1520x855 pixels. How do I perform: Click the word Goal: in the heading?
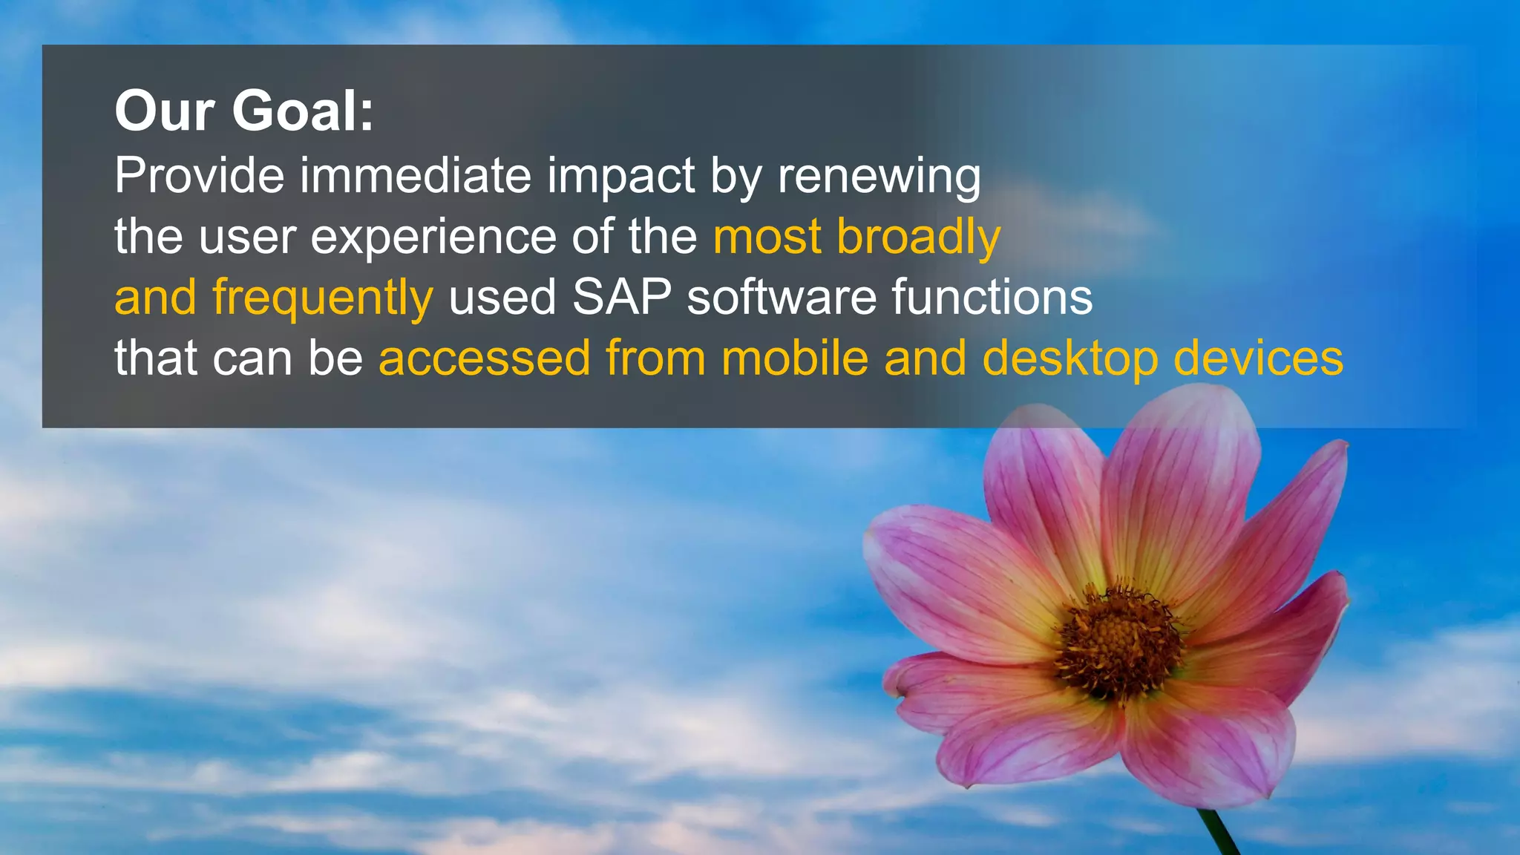click(303, 111)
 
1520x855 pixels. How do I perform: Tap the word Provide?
click(199, 176)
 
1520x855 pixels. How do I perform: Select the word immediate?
click(416, 176)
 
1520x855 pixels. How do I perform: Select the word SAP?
click(621, 298)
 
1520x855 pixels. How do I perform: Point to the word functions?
click(992, 298)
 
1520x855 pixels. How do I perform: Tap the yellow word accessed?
click(484, 358)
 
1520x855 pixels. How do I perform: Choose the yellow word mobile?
click(794, 358)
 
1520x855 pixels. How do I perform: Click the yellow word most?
click(767, 237)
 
